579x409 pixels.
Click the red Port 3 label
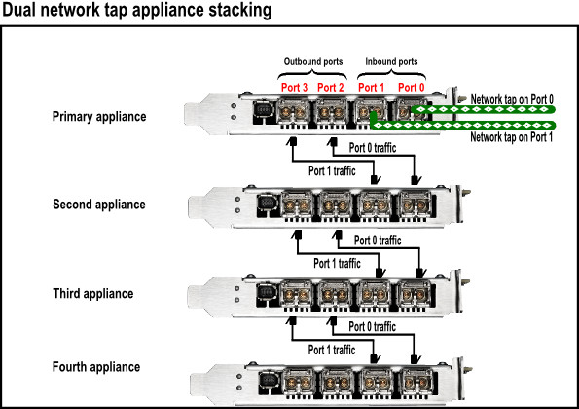click(294, 88)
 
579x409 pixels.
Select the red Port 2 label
click(331, 88)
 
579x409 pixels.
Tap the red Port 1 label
click(371, 88)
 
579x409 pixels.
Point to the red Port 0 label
click(411, 88)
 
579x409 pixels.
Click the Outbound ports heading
click(313, 61)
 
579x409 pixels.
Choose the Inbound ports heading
click(391, 61)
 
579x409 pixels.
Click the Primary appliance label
click(99, 117)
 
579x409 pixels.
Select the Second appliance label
click(99, 204)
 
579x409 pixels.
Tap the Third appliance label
click(93, 294)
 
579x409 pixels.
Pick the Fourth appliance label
click(96, 367)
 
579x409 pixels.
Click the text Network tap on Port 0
click(512, 99)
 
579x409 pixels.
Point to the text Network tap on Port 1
click(512, 137)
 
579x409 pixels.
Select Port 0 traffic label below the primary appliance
click(373, 148)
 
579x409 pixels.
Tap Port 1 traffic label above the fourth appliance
click(332, 350)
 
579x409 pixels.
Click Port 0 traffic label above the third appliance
click(378, 241)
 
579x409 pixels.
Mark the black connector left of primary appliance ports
click(263, 111)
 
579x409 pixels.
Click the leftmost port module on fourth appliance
click(299, 382)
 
